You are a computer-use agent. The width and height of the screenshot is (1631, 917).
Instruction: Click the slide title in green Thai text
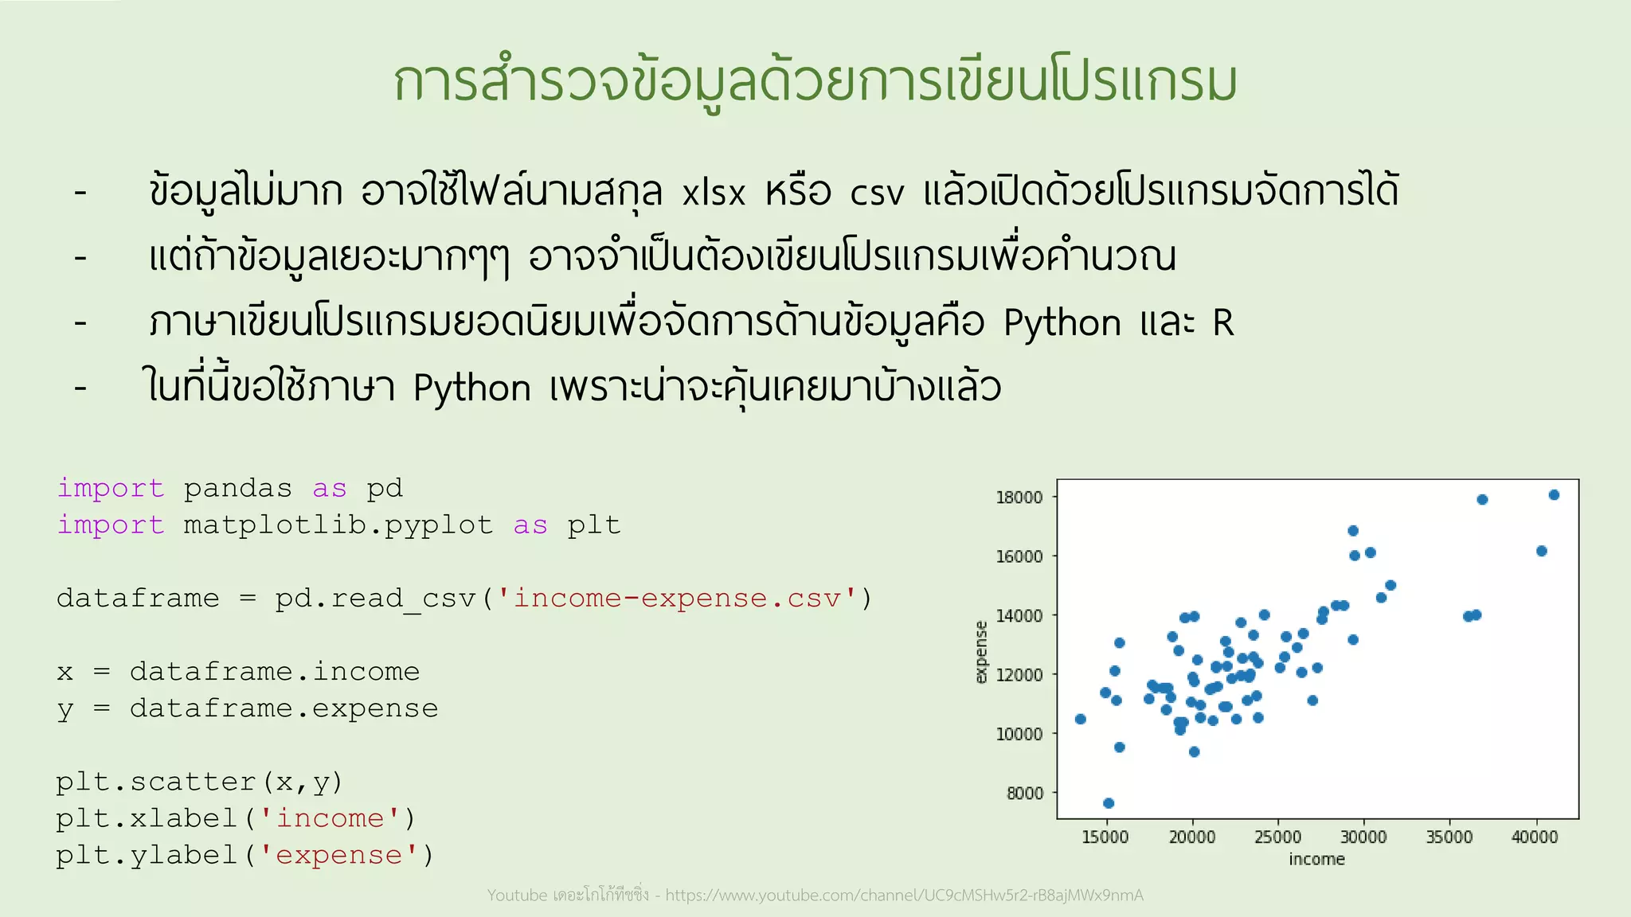click(815, 83)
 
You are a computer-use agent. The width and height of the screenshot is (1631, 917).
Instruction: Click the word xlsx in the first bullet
click(714, 193)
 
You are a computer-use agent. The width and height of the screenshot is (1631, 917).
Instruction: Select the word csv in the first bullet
click(877, 193)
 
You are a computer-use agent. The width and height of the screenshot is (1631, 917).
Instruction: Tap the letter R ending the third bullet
click(1222, 323)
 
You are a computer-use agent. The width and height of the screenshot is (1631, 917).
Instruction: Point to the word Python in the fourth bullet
click(472, 389)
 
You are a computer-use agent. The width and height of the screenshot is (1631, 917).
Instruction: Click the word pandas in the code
click(237, 488)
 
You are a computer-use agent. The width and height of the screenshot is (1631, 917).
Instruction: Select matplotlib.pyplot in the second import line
click(338, 525)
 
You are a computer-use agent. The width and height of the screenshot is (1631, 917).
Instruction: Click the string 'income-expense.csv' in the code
click(676, 599)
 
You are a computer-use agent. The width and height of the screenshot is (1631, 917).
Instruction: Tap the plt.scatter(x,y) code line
click(199, 782)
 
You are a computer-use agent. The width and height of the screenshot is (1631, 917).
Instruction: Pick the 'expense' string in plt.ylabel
click(338, 855)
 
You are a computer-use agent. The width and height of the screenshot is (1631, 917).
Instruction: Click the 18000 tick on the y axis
click(1019, 498)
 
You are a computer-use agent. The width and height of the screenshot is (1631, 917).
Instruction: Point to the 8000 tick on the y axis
click(1024, 793)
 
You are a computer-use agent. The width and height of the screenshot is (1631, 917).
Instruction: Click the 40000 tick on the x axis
click(1535, 837)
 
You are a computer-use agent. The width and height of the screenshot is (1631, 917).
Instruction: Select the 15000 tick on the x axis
click(1105, 837)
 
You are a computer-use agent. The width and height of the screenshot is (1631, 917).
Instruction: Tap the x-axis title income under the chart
click(1316, 860)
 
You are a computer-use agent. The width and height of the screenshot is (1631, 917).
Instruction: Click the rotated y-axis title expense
click(981, 652)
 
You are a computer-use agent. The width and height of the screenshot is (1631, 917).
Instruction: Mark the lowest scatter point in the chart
click(1109, 803)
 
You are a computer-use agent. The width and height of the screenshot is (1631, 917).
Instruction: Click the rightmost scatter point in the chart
click(1554, 495)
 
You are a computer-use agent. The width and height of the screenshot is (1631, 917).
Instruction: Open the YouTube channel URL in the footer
click(904, 896)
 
